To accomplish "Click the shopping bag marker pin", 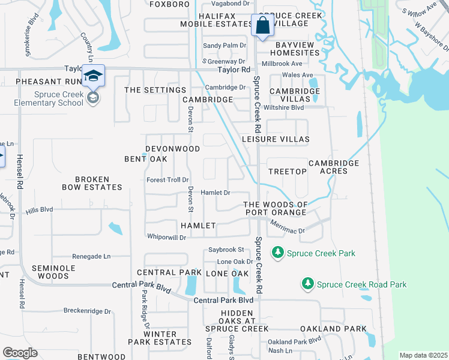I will click(x=262, y=26).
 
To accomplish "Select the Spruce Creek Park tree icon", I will click(x=277, y=253).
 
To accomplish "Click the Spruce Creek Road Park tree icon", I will click(x=307, y=284).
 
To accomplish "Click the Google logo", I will click(x=20, y=353).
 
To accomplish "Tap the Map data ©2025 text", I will click(x=423, y=355).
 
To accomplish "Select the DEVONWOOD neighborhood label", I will click(x=172, y=148).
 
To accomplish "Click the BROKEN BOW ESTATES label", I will click(x=92, y=183).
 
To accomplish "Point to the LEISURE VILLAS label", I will click(x=276, y=139).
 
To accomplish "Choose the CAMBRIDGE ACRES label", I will click(x=334, y=167).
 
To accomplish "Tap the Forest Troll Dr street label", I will click(x=167, y=179).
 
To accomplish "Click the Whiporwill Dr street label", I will click(x=166, y=237).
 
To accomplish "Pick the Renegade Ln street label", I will click(x=91, y=256).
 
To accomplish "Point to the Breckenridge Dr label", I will click(x=88, y=311).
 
